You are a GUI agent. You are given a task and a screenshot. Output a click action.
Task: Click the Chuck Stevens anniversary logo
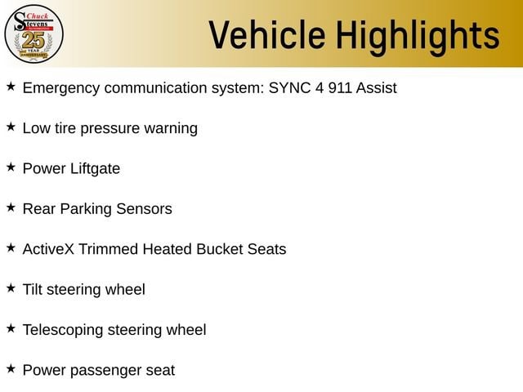pos(34,34)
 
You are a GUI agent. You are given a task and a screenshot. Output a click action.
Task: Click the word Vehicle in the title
pos(267,35)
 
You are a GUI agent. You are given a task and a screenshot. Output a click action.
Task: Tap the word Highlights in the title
pos(418,37)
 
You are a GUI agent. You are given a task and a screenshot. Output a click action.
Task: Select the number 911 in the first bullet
pos(340,87)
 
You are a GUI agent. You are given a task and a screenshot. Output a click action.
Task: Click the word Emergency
pos(61,89)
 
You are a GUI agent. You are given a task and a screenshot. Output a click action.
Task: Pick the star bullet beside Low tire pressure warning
pos(11,127)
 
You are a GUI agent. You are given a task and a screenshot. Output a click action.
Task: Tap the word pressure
pos(110,129)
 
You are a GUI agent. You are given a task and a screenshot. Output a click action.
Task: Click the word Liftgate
pos(95,169)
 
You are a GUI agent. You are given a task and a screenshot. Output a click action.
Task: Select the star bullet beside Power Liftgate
pos(11,167)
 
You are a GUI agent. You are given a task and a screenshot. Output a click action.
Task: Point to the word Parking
pos(86,209)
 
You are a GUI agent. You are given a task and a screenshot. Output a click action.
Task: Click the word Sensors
pos(144,209)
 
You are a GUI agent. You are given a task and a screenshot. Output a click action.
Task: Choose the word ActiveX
pos(48,249)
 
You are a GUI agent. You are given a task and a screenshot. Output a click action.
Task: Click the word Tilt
pos(33,289)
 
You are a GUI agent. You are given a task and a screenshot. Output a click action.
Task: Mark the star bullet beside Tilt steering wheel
pos(11,288)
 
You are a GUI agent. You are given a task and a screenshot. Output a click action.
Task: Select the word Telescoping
pos(63,330)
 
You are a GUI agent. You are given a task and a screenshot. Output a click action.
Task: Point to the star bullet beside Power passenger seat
pos(11,368)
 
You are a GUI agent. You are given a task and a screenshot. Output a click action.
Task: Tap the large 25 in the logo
pos(34,40)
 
